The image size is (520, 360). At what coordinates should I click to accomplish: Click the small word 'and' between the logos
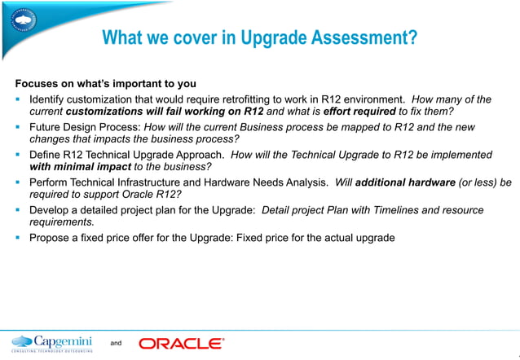click(x=116, y=344)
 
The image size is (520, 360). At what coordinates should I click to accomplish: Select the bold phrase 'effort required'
click(x=359, y=111)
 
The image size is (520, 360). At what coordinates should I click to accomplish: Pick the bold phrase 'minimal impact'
click(x=80, y=166)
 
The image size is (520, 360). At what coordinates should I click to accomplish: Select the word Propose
click(x=50, y=238)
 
